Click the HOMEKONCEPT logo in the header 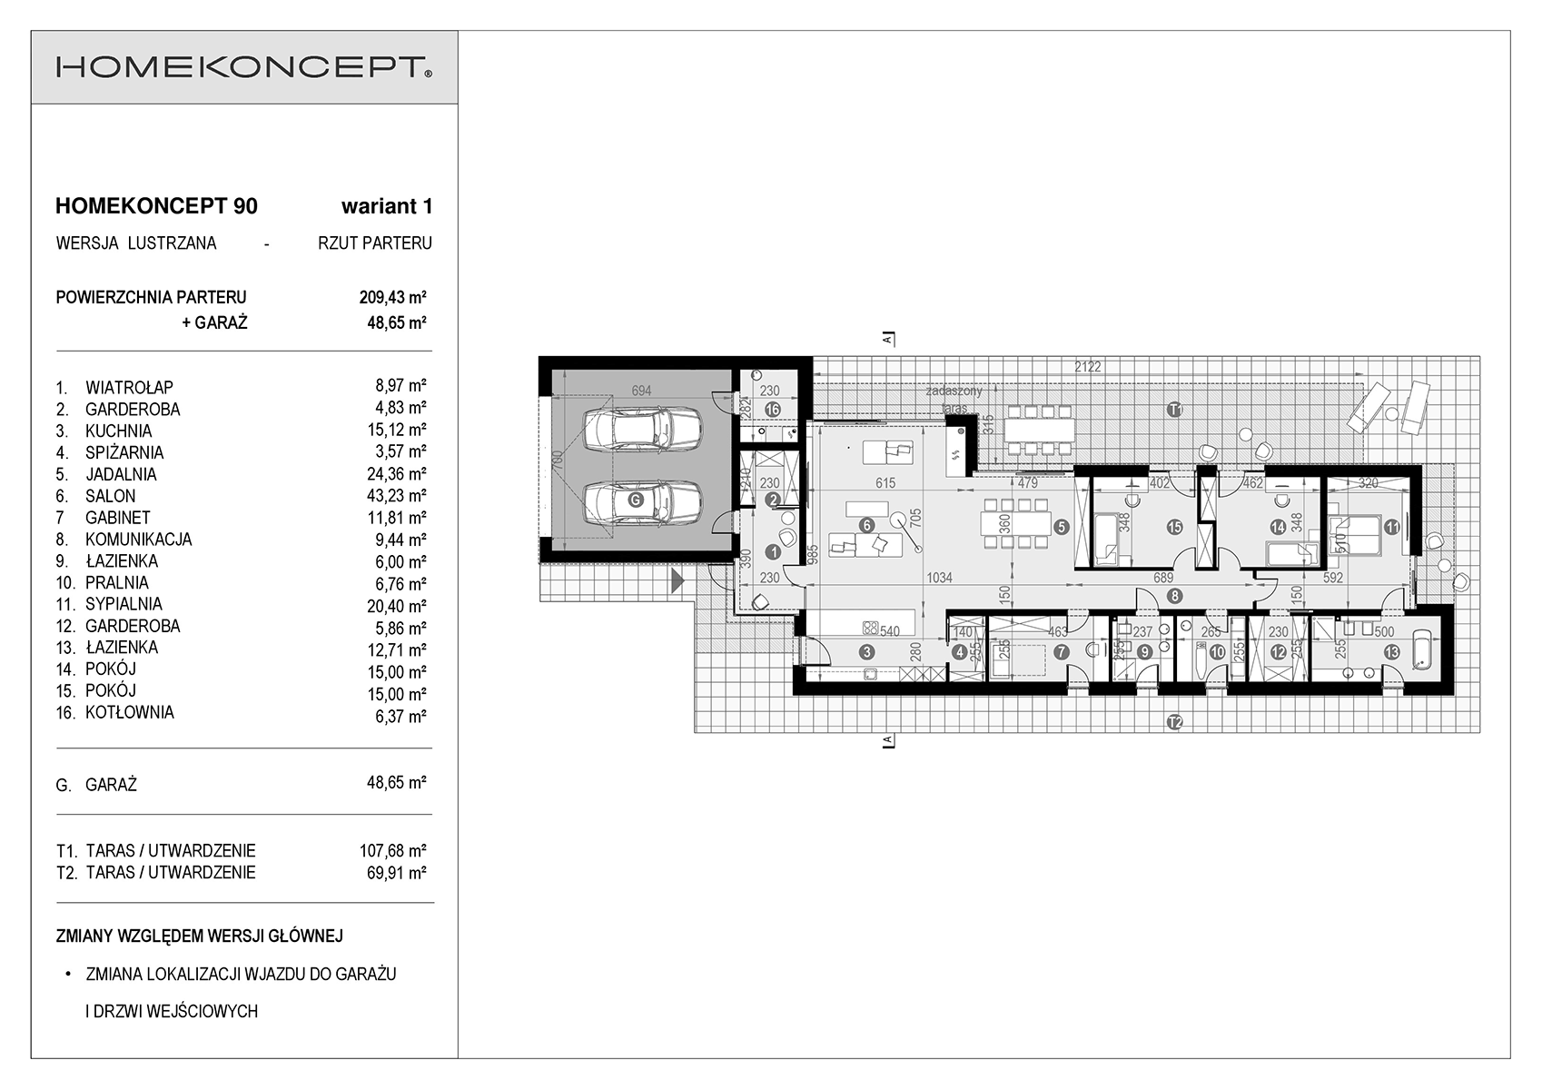click(243, 67)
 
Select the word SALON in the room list click(110, 496)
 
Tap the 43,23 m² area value click(397, 495)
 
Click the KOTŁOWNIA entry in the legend click(130, 713)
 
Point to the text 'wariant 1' click(387, 206)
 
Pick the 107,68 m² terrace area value click(392, 850)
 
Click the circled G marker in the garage click(636, 500)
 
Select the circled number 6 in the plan click(866, 525)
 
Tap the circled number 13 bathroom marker click(1391, 652)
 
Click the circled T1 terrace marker click(1174, 411)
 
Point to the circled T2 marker click(1174, 722)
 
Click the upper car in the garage click(641, 430)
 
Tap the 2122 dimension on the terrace click(1088, 367)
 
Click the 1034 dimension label click(939, 578)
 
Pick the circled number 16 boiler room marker click(772, 411)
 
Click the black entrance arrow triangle click(678, 581)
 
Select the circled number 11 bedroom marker click(1391, 528)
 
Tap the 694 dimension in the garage click(641, 391)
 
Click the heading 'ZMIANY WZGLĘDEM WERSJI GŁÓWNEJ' click(199, 936)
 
